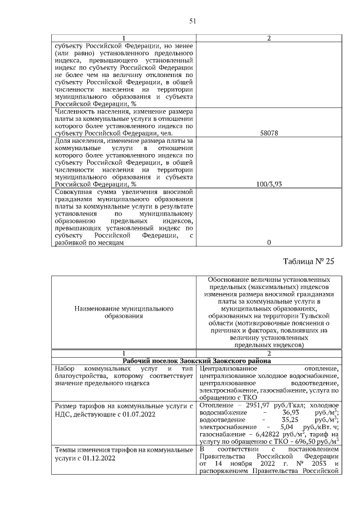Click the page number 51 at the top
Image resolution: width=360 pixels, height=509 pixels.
pos(192,21)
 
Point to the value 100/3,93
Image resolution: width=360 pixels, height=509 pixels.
pos(268,184)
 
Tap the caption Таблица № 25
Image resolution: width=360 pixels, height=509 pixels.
pos(309,261)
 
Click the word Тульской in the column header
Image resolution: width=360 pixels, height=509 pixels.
pos(313,317)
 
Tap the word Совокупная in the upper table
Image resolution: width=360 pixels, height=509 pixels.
pos(74,192)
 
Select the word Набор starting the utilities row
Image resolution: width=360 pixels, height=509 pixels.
pos(64,368)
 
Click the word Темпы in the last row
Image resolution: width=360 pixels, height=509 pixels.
pos(65,450)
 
